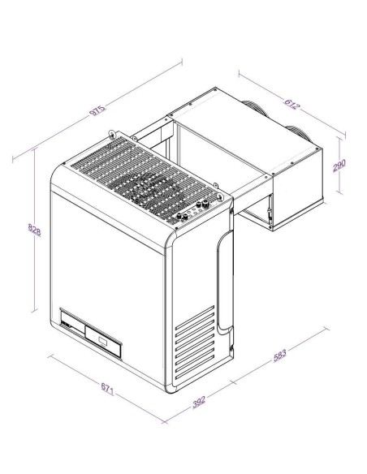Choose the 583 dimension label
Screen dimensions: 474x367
pos(278,355)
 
